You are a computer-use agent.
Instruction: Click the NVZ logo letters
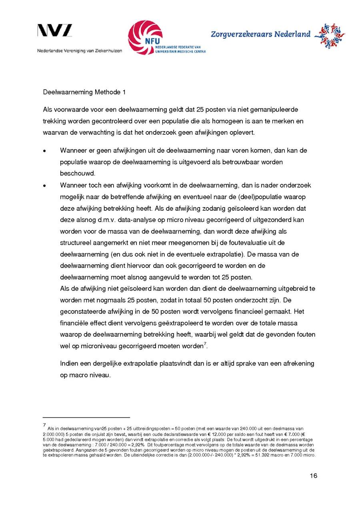point(54,30)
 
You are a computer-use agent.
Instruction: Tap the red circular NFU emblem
point(145,37)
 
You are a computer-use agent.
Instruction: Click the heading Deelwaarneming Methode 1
point(84,92)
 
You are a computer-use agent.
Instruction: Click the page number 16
point(313,476)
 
